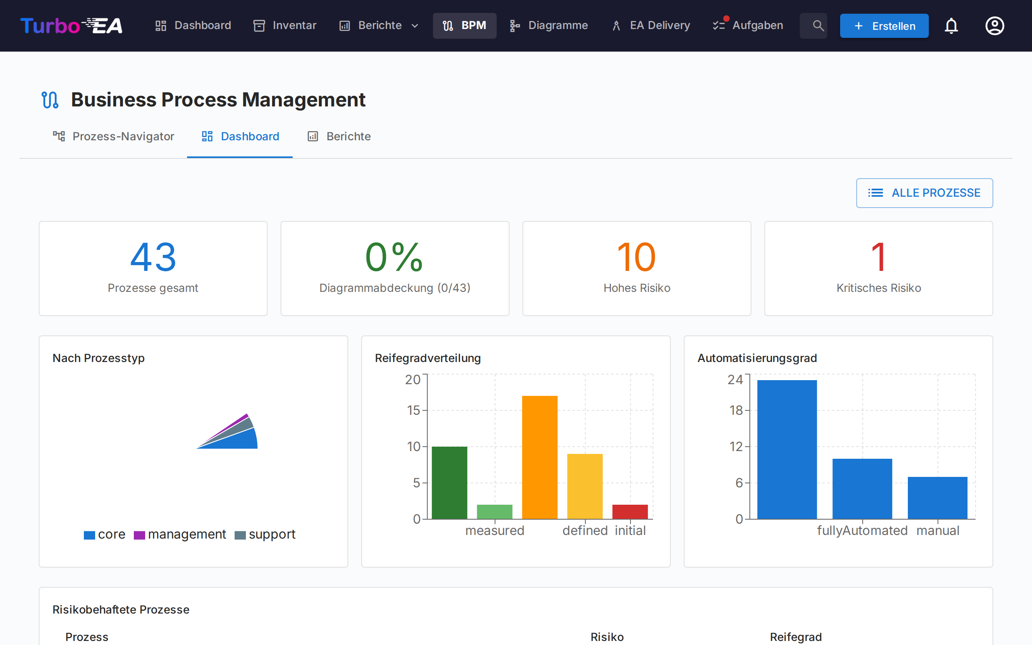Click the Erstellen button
click(x=884, y=26)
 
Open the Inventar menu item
click(x=285, y=25)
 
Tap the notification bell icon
click(x=951, y=26)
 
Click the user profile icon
click(x=995, y=26)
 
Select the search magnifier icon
click(x=818, y=26)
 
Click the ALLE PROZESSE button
click(x=924, y=193)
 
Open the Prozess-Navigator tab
click(x=113, y=137)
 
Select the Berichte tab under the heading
click(x=339, y=137)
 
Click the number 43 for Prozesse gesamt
click(x=153, y=257)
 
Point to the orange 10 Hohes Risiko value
click(x=636, y=257)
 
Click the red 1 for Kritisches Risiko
click(x=878, y=257)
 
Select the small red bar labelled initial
click(x=630, y=512)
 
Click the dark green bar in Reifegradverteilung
click(x=449, y=483)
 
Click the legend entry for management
click(x=180, y=535)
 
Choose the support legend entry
click(x=265, y=535)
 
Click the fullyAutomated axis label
click(x=862, y=531)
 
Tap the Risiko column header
click(x=607, y=637)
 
